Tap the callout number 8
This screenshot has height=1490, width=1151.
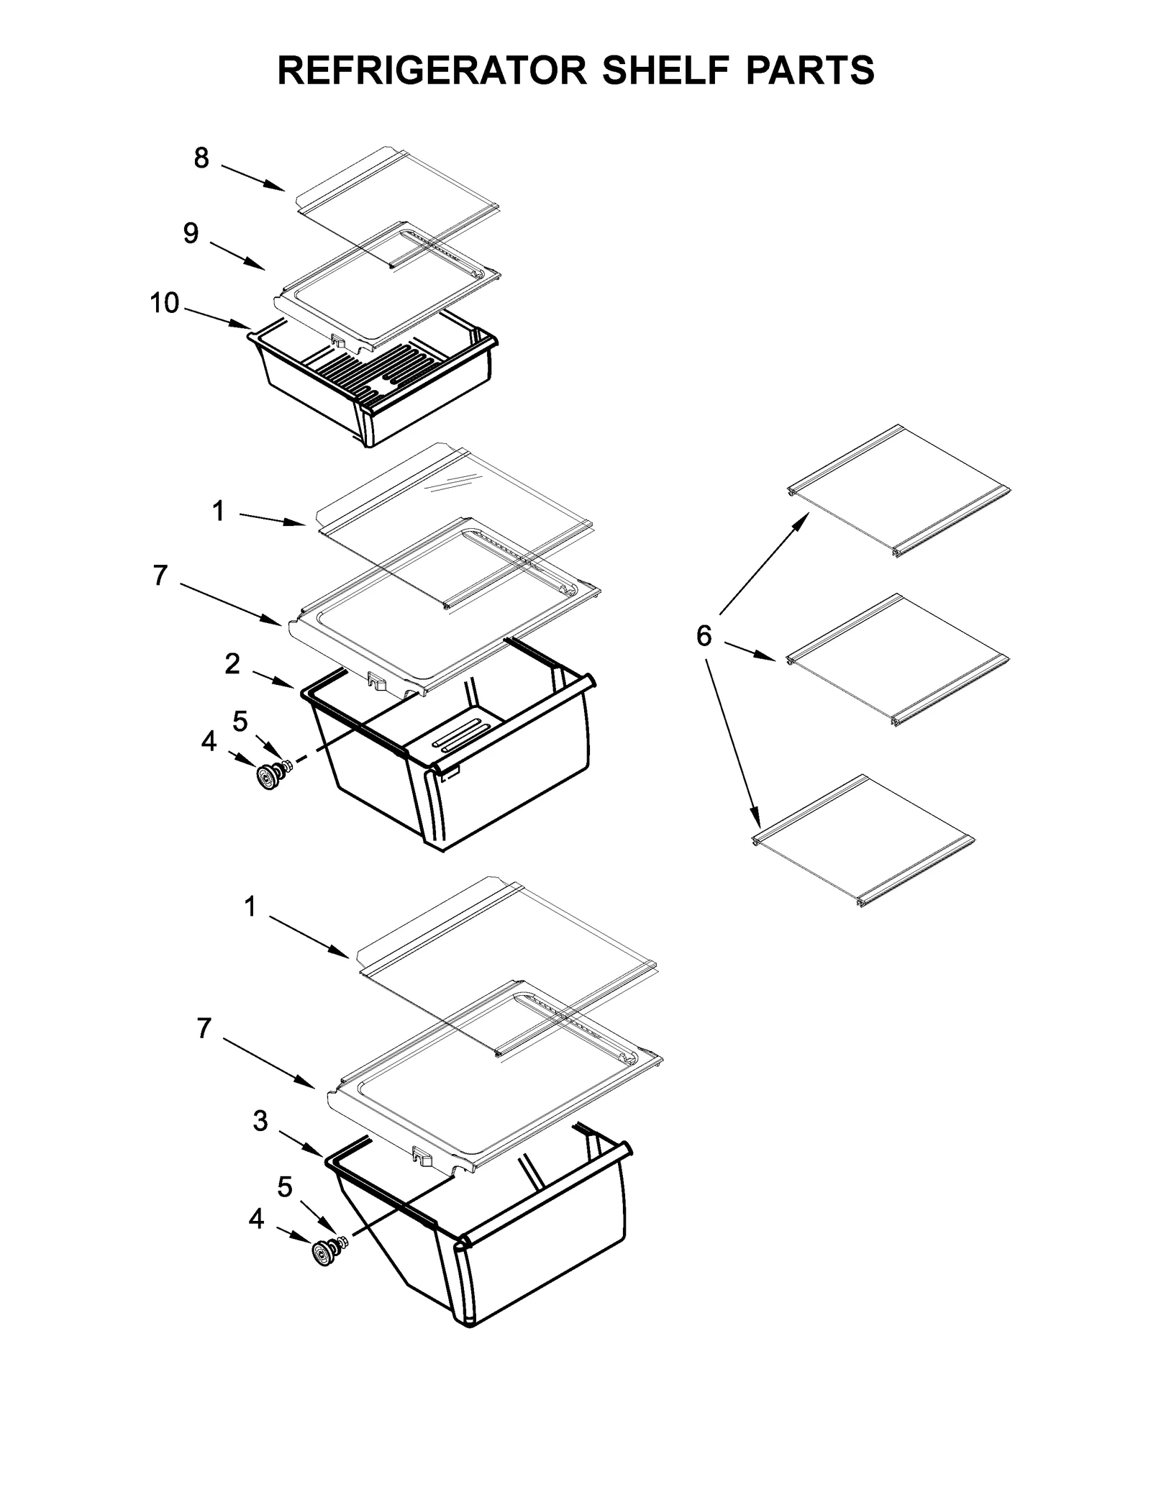[201, 158]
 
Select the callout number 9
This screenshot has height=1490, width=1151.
[191, 233]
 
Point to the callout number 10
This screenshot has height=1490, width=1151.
[164, 303]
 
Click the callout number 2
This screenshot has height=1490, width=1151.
[232, 664]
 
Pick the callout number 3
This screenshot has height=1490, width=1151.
[260, 1120]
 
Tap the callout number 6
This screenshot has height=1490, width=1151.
[704, 635]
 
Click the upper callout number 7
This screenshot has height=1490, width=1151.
[160, 575]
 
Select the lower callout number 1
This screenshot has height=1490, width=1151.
[250, 907]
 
